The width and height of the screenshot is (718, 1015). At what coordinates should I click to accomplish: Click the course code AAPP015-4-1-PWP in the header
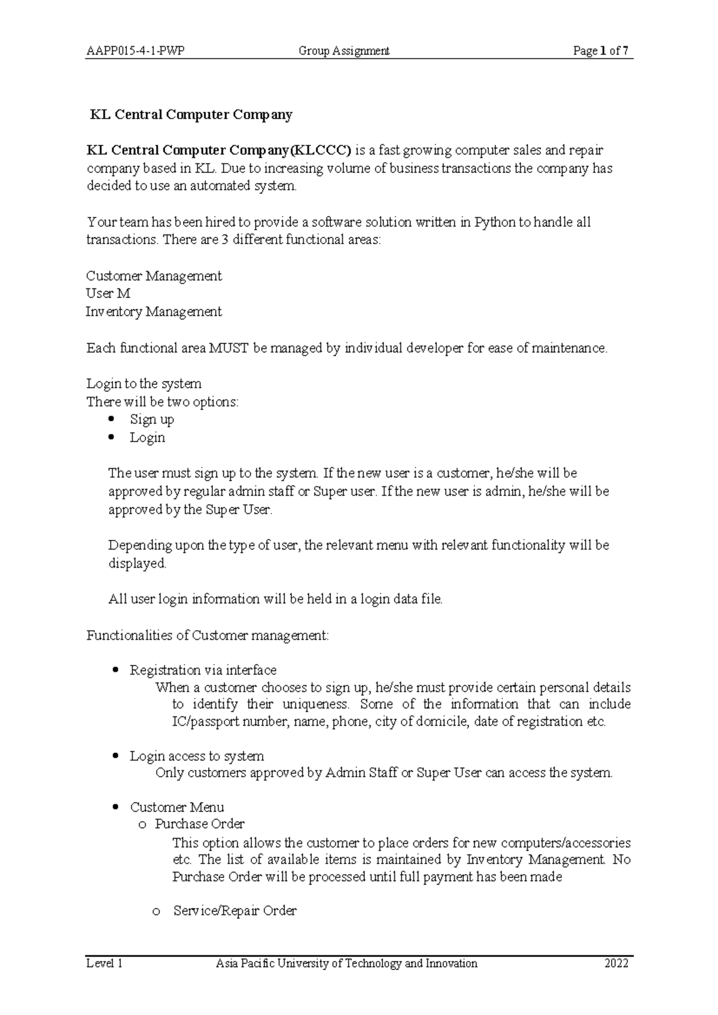[135, 51]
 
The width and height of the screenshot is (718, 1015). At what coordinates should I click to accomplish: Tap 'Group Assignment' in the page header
[344, 51]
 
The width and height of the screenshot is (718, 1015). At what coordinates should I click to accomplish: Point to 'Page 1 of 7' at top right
[600, 51]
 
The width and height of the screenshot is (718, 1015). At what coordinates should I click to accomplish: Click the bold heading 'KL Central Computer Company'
[190, 114]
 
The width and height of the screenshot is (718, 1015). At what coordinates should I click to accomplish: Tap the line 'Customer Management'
[154, 276]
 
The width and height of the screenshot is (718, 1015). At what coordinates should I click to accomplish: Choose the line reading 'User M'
[108, 294]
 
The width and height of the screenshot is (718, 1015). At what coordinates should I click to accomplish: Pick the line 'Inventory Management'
[154, 312]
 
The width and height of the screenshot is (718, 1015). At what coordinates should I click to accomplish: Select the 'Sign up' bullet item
[152, 420]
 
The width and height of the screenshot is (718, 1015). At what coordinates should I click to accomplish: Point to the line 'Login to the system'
[144, 384]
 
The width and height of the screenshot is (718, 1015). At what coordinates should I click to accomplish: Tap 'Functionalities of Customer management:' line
[208, 635]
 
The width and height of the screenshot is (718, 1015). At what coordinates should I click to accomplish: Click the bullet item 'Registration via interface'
[203, 670]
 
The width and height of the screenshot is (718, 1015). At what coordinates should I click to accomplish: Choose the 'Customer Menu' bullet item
[177, 807]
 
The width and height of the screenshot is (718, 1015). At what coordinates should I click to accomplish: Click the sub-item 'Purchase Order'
[199, 824]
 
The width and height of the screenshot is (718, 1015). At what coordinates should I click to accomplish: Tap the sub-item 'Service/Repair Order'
[235, 911]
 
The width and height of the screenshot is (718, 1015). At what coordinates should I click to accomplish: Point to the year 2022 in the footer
[616, 964]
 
